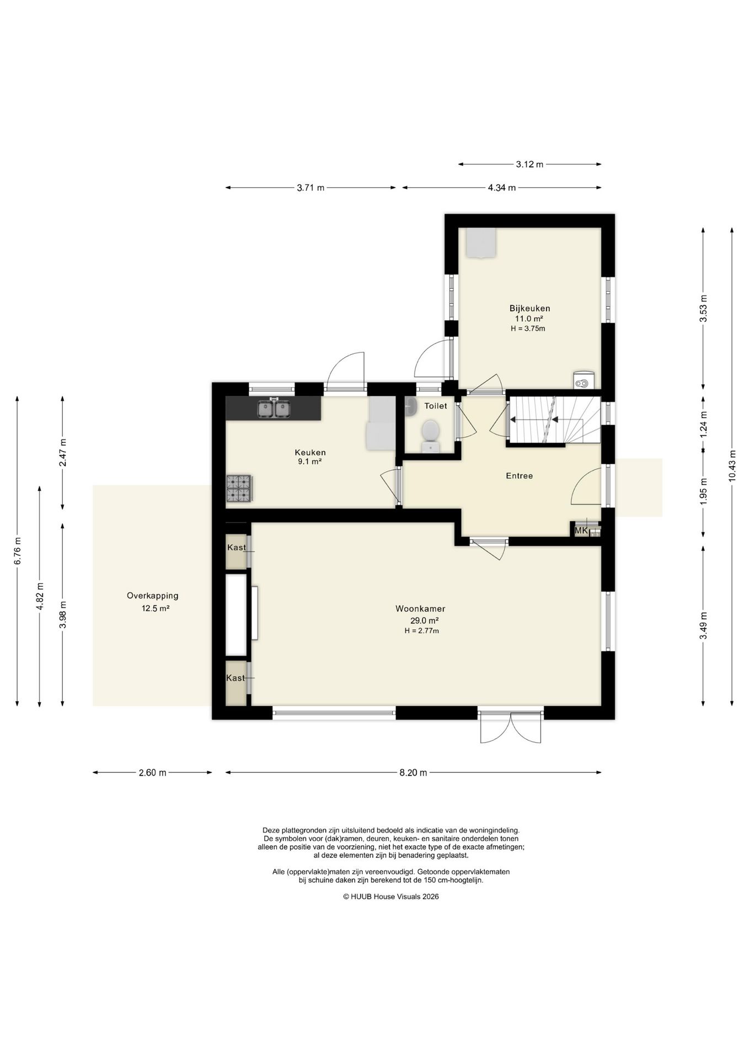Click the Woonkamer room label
tap(420, 609)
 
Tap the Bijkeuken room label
tap(529, 309)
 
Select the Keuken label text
tap(310, 452)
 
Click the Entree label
tap(520, 476)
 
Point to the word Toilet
tap(436, 406)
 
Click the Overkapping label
tap(153, 596)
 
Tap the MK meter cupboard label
tap(581, 531)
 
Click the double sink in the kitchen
tap(274, 409)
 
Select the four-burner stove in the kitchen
tap(239, 489)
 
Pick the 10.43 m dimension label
tap(732, 464)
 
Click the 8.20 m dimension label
tap(413, 773)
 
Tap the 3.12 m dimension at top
tap(529, 164)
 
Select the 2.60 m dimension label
tap(152, 773)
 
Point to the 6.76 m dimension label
tap(17, 550)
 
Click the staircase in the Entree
tap(554, 420)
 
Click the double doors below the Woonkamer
tap(511, 728)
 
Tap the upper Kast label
tap(237, 548)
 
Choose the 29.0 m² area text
tap(421, 621)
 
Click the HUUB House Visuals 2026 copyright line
tap(391, 897)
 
